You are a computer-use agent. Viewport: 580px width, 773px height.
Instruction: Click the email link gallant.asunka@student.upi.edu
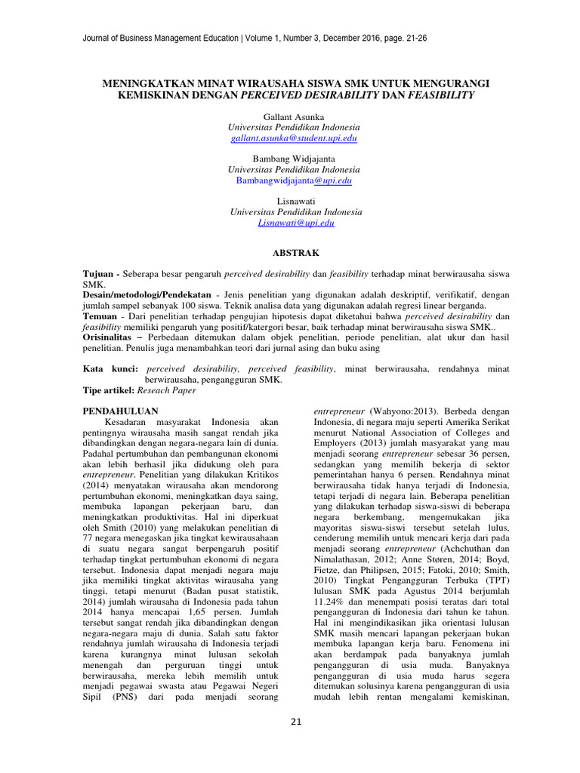[295, 139]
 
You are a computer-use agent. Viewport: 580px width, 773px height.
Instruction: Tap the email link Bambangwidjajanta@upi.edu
[295, 181]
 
